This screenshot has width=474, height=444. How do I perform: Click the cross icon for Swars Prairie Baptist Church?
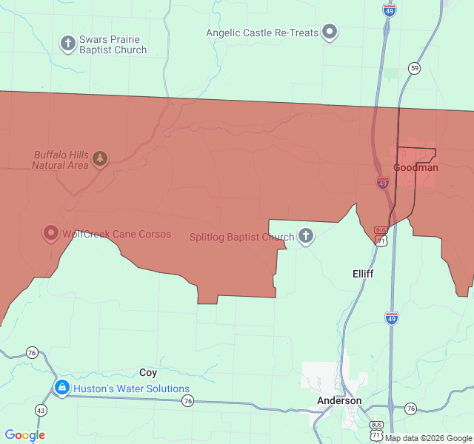click(67, 42)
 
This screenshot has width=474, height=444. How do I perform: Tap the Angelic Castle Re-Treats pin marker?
click(330, 33)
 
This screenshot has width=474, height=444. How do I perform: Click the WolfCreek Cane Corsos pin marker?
click(51, 234)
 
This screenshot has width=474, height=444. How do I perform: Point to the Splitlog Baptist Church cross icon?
click(306, 237)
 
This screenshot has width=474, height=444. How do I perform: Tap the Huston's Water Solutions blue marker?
click(61, 388)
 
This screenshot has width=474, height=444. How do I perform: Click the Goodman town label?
click(415, 167)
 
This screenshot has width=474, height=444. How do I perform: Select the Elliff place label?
click(363, 274)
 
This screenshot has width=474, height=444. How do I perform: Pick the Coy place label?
click(148, 373)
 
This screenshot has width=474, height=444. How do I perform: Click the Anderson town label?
click(339, 400)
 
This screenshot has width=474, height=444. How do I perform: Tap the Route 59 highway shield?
click(414, 68)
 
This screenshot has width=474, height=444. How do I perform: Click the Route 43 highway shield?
click(40, 410)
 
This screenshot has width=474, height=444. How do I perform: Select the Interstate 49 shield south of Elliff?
click(392, 317)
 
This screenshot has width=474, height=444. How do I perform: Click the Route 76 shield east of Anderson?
click(410, 408)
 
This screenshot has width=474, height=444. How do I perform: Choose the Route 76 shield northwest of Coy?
click(32, 352)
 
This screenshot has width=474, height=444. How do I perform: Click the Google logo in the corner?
click(24, 435)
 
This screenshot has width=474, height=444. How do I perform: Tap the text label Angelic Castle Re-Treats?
click(262, 33)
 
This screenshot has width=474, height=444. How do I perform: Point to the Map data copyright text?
click(428, 438)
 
